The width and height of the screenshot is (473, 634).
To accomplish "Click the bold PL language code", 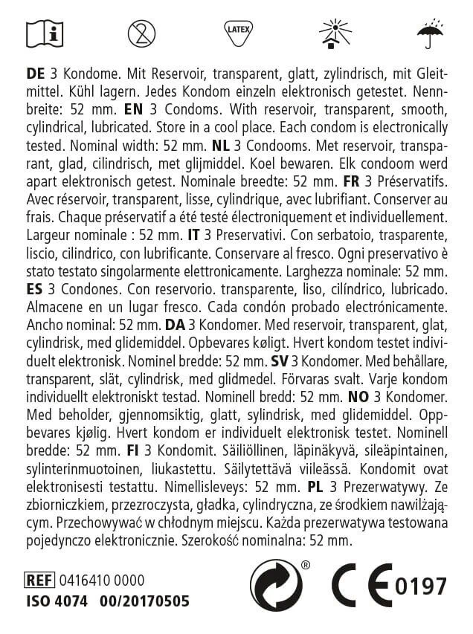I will tap(315, 487).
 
